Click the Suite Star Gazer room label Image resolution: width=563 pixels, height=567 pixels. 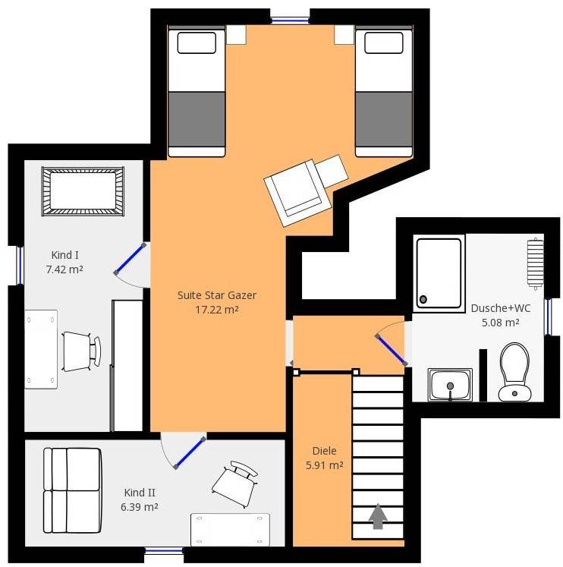click(217, 295)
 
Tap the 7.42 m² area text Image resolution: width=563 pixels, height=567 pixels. click(64, 269)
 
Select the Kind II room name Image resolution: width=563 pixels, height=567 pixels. click(140, 493)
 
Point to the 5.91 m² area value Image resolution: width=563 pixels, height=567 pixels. click(324, 465)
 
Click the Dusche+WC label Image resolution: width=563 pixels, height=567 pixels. click(501, 308)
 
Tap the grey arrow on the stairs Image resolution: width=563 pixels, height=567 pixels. click(378, 516)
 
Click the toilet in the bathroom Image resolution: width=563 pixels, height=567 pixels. click(514, 372)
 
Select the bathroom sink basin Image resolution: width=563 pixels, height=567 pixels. click(450, 385)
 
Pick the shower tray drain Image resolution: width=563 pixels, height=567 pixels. click(423, 299)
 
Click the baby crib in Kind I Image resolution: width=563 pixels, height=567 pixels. click(83, 191)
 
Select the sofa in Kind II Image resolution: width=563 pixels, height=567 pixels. click(72, 490)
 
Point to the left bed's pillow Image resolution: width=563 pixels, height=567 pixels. click(197, 43)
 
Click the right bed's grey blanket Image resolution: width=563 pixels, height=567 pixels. click(384, 119)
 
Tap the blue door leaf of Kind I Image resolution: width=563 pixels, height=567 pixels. click(130, 259)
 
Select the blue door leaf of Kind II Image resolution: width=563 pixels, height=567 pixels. click(190, 452)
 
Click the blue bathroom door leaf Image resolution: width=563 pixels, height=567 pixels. click(392, 350)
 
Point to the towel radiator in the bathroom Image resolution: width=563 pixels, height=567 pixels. click(535, 263)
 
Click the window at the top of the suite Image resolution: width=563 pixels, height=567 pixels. click(290, 21)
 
